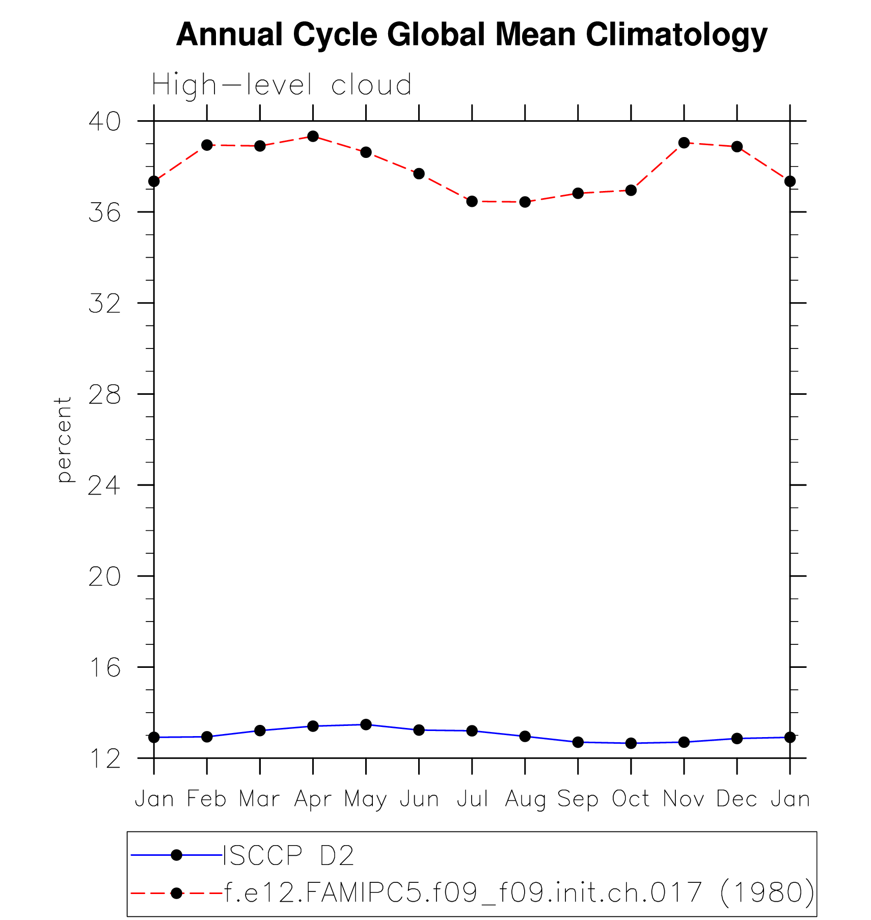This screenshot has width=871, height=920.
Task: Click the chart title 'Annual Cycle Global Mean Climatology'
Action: (x=471, y=35)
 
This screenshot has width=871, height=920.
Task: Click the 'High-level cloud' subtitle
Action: (x=282, y=85)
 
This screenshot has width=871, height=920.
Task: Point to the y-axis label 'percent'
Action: (x=63, y=439)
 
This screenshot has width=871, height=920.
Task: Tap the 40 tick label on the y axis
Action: (x=104, y=121)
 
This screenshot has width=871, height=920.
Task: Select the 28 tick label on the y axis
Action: (x=104, y=394)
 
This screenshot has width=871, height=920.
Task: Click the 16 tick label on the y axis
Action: (x=104, y=667)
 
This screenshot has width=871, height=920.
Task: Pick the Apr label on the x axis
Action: (x=313, y=799)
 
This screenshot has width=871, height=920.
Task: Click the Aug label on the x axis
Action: (x=525, y=799)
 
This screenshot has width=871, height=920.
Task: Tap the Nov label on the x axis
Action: (x=684, y=799)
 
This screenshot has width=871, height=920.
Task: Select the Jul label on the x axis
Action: (x=472, y=799)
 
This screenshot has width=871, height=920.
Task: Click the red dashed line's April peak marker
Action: (x=313, y=137)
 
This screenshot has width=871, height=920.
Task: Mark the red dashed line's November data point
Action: (x=684, y=143)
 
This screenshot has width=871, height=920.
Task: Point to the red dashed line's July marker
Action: (x=472, y=201)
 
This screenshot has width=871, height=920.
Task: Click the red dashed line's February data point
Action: (x=207, y=145)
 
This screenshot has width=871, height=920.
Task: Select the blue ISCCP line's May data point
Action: (x=366, y=724)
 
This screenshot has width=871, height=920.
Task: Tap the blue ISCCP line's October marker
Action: (x=631, y=743)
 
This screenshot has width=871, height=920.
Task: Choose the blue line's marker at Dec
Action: (x=737, y=738)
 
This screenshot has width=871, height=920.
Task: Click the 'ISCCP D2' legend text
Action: (x=288, y=855)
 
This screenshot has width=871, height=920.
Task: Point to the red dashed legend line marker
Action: (x=176, y=893)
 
